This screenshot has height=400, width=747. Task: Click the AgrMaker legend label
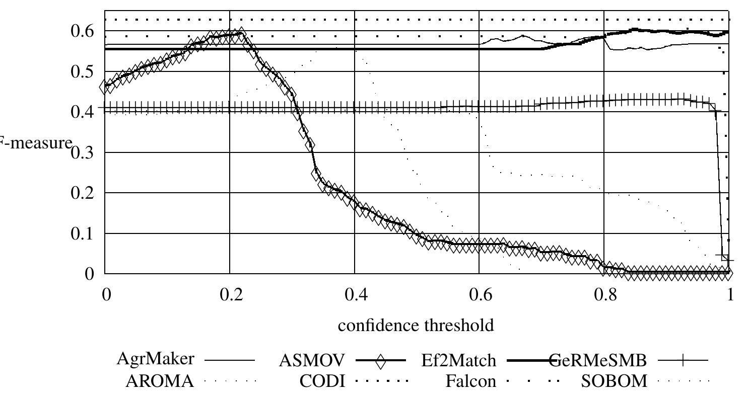click(x=155, y=359)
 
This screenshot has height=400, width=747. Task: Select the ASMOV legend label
click(x=312, y=360)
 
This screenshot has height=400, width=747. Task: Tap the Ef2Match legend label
click(x=458, y=360)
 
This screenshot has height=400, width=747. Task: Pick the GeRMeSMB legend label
click(x=597, y=360)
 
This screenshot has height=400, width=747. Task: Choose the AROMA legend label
click(x=159, y=381)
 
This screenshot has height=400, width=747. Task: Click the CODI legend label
click(x=322, y=381)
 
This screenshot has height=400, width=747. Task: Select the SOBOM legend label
click(x=614, y=381)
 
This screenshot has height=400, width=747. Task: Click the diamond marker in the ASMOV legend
click(x=380, y=361)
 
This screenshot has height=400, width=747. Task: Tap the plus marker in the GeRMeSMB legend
click(x=683, y=360)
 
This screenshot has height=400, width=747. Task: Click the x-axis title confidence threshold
click(x=416, y=326)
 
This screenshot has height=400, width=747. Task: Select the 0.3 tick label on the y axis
click(x=84, y=152)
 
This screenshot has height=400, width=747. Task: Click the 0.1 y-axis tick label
click(x=84, y=233)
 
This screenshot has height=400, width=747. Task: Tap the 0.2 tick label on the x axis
click(x=230, y=294)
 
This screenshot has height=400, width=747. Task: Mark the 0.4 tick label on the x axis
click(x=355, y=294)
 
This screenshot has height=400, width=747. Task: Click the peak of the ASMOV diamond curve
click(x=241, y=34)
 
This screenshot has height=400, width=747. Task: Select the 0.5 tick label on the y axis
click(x=84, y=71)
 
